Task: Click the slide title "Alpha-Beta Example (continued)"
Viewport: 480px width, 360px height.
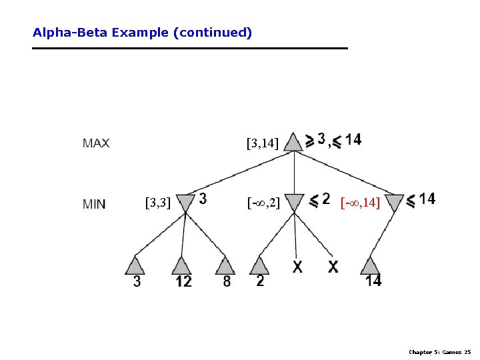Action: click(x=142, y=32)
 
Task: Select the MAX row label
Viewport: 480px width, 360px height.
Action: click(x=96, y=143)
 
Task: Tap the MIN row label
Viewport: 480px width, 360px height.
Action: click(x=94, y=204)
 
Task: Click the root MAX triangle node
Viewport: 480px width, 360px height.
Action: click(x=293, y=142)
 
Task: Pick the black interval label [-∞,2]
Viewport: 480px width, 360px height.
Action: click(x=263, y=202)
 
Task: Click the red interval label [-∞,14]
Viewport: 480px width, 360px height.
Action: click(x=360, y=202)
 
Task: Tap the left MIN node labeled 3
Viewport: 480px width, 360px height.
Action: click(x=185, y=202)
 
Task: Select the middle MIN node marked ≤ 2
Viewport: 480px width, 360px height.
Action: click(x=294, y=202)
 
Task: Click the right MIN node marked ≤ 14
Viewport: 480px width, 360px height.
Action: click(x=395, y=202)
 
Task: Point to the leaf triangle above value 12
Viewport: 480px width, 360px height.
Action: click(x=181, y=265)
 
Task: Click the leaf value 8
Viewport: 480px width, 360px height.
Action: click(x=227, y=281)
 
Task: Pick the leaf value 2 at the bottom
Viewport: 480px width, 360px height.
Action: click(x=260, y=281)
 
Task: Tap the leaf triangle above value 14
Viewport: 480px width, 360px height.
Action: click(x=371, y=265)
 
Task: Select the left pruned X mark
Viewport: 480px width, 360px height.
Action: click(x=297, y=267)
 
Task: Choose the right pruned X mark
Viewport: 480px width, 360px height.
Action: click(x=333, y=267)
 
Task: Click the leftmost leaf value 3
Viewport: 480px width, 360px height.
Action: click(x=137, y=281)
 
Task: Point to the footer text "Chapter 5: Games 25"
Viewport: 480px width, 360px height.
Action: click(x=439, y=351)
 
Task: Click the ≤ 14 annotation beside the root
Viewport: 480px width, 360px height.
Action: click(x=347, y=140)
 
